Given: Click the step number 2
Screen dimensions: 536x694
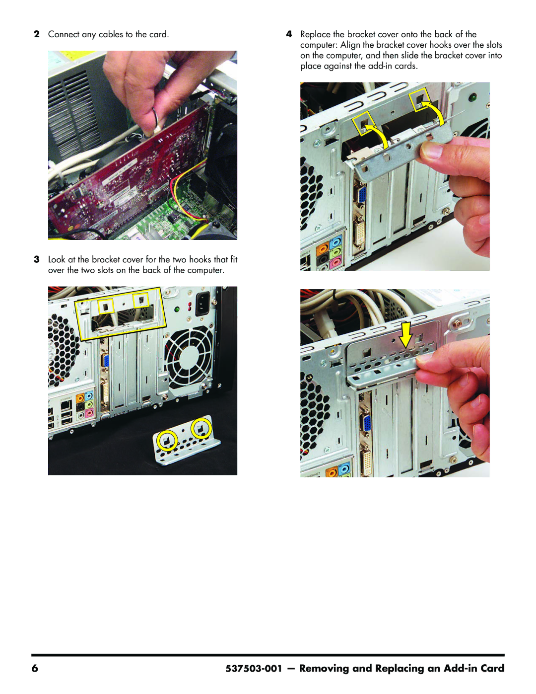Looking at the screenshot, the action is [37, 34].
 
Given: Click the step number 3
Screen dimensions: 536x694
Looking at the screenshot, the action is [37, 259].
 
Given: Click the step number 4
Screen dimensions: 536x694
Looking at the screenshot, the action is [289, 34].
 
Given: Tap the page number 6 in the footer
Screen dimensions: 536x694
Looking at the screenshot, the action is [35, 669].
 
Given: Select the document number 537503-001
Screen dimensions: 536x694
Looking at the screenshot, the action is [254, 669].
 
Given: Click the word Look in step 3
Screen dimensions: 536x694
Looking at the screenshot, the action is [57, 259].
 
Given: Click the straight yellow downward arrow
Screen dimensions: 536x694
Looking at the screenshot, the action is [406, 336].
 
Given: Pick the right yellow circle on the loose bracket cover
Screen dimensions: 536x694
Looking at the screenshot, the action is [201, 429].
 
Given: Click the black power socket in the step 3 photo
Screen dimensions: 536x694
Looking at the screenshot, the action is [202, 304].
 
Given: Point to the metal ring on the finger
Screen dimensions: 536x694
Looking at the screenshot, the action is [157, 118].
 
